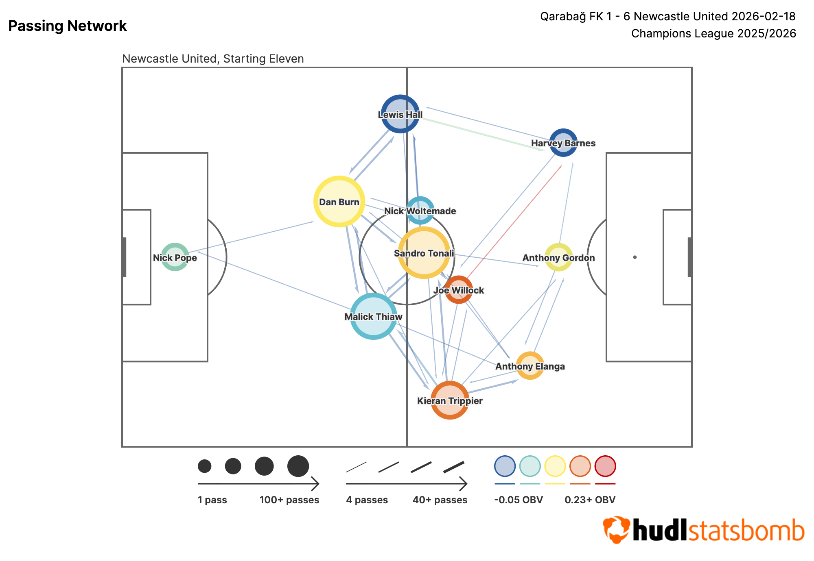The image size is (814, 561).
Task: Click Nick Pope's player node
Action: (175, 257)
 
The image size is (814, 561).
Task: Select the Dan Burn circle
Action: (339, 201)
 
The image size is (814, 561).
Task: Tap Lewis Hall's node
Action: (400, 114)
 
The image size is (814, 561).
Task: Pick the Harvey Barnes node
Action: (563, 143)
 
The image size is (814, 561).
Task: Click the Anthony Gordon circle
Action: (559, 257)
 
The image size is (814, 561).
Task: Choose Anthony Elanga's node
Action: (530, 365)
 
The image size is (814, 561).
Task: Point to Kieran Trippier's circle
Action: (450, 400)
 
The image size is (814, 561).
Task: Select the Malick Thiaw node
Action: (373, 316)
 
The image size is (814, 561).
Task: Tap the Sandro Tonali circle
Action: (424, 252)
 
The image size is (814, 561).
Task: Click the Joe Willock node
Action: (459, 289)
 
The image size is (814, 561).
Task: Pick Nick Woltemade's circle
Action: (420, 210)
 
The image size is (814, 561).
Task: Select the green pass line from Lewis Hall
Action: (480, 134)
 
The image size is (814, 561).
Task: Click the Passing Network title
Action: (68, 26)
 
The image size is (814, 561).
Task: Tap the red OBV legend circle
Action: (605, 466)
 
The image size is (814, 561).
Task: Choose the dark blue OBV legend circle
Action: (505, 466)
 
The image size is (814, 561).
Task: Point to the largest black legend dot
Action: (298, 466)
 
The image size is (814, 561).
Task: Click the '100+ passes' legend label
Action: (289, 500)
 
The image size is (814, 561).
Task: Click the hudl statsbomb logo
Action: (703, 530)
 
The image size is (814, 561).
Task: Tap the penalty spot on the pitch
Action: (635, 257)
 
